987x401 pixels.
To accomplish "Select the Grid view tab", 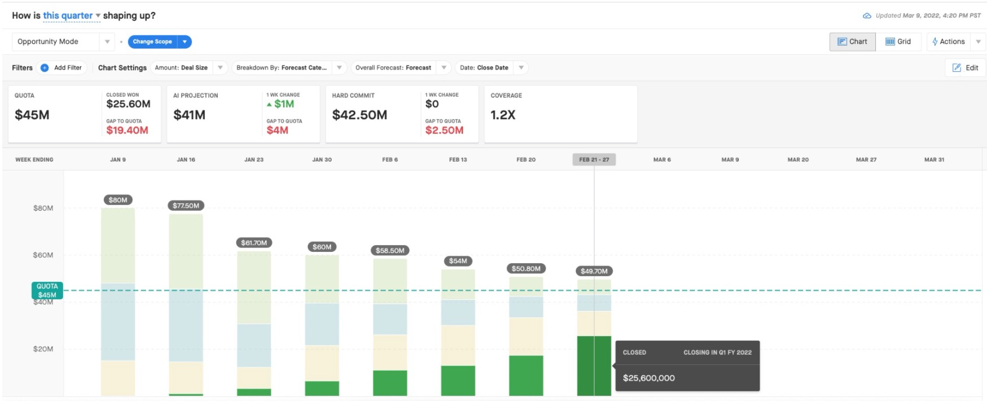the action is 898,41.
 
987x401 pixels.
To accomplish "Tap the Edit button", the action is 965,68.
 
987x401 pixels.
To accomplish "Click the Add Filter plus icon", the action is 45,68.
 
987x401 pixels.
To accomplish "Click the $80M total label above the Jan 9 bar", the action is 118,200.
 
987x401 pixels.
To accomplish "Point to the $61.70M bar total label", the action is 254,243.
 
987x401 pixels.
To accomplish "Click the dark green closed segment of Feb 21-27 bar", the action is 594,365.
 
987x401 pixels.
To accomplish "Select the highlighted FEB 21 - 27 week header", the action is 594,160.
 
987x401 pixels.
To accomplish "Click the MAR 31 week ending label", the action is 934,160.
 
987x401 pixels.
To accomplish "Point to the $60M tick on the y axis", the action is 43,255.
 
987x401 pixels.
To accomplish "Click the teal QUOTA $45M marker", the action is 47,290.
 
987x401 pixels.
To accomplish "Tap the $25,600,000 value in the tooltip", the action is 649,378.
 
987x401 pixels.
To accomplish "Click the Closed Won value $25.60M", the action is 128,104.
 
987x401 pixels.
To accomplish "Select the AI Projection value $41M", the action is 189,115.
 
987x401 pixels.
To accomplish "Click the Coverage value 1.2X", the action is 503,115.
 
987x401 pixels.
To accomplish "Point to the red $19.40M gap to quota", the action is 127,130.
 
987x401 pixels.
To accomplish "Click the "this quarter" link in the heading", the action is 68,16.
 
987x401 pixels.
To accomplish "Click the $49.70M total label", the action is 594,271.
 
